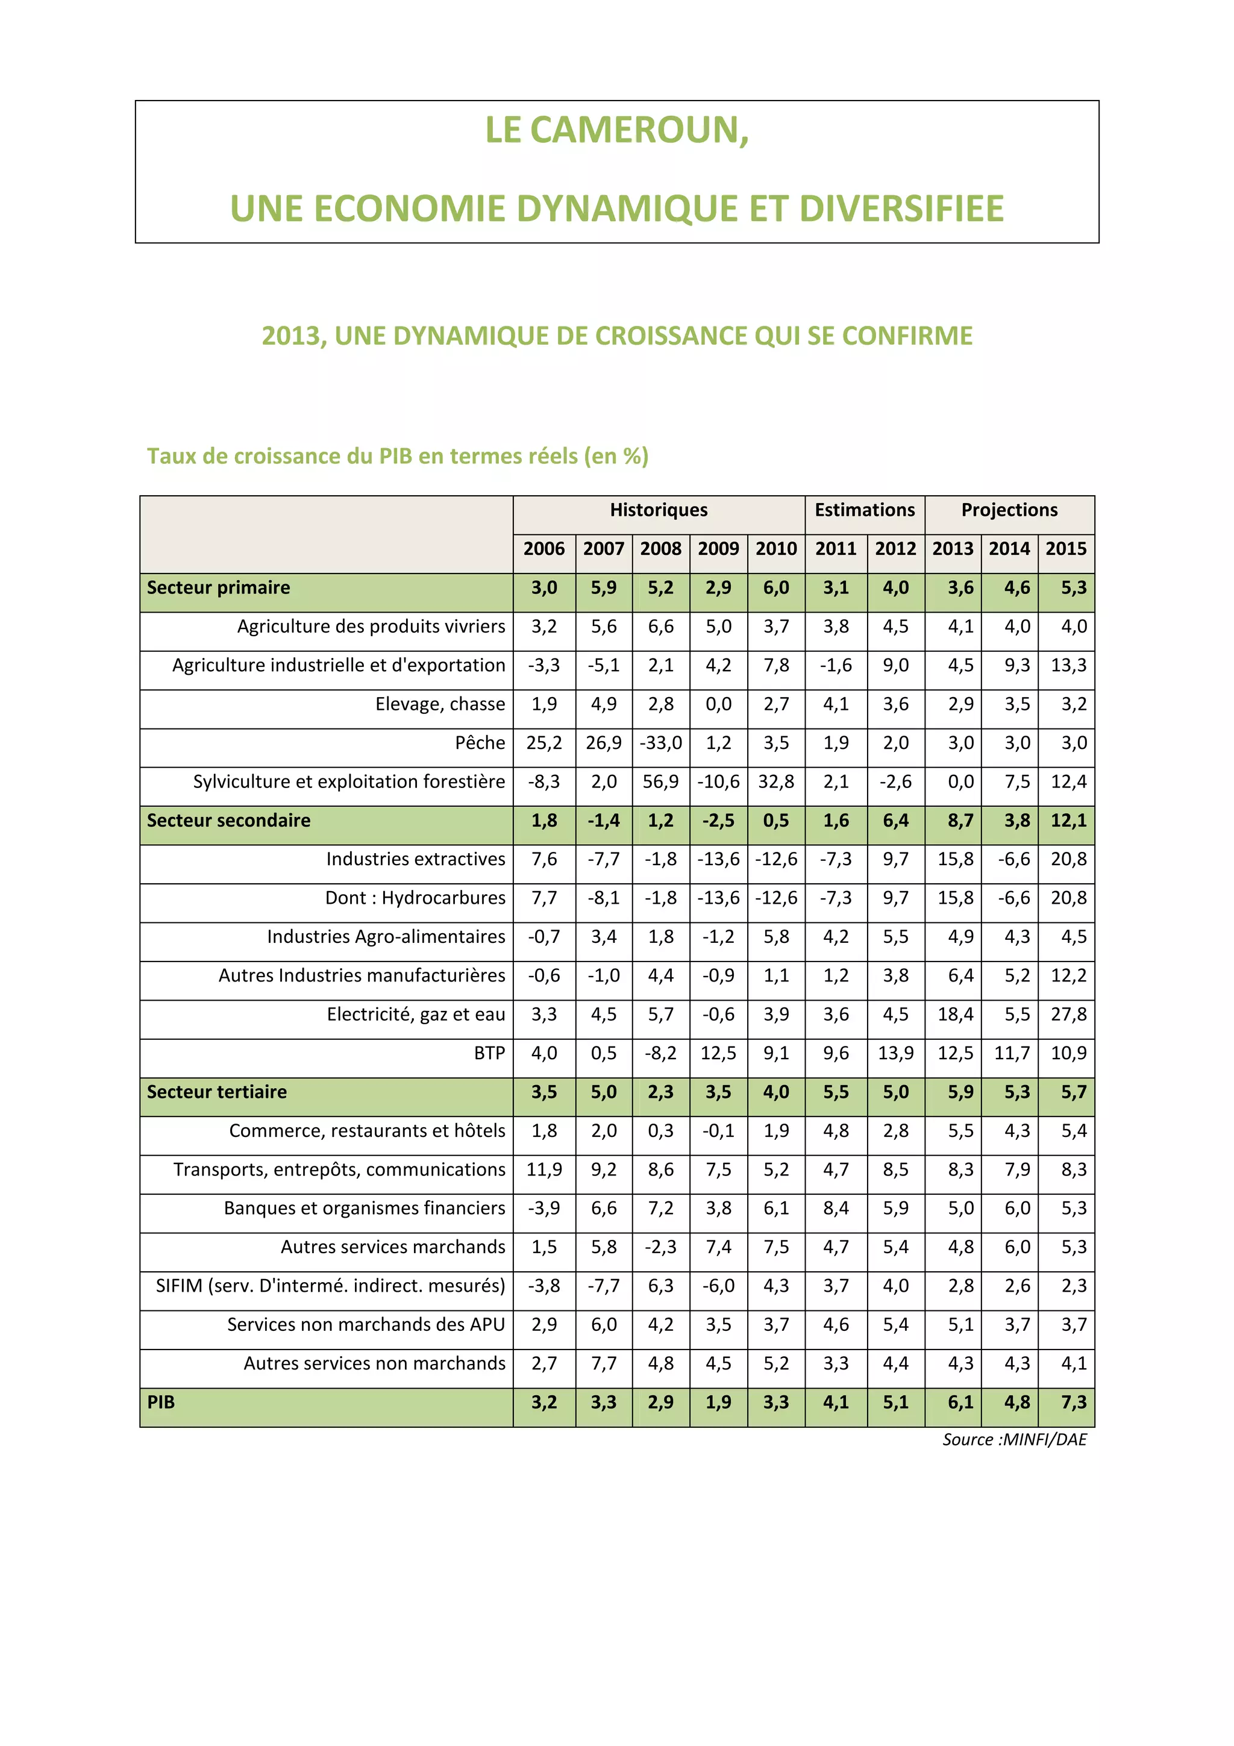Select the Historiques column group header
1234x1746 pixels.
coord(659,510)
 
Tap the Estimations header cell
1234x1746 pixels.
coord(865,510)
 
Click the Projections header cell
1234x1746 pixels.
coord(1009,510)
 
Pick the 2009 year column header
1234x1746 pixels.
coord(718,549)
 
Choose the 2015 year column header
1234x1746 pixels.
coord(1065,549)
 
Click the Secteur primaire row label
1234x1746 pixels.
coord(218,588)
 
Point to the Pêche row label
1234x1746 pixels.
coord(480,743)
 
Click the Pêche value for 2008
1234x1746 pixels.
coord(661,743)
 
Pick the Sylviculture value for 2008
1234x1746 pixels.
coord(661,782)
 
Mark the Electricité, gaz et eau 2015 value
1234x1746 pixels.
coord(1068,1015)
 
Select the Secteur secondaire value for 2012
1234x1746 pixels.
coord(895,821)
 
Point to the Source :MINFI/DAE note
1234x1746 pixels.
coord(1014,1439)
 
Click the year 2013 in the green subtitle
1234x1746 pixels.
coord(293,336)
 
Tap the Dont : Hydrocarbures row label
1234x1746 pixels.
coord(415,898)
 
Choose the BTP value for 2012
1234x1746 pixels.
coord(895,1053)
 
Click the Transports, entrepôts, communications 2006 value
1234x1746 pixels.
coord(544,1169)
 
